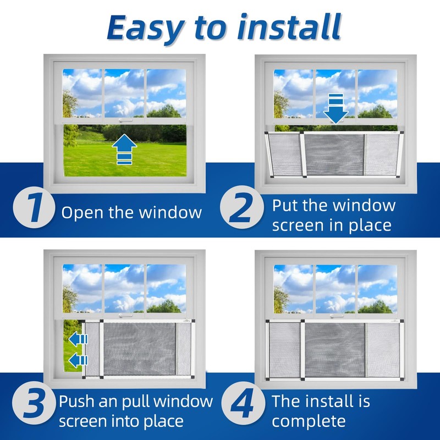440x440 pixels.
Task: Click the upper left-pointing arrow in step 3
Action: click(x=78, y=339)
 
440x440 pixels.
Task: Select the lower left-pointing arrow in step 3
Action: click(x=78, y=361)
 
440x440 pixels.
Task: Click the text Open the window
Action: click(x=131, y=213)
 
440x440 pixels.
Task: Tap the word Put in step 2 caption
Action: click(x=286, y=205)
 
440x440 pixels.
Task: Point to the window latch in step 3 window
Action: click(x=125, y=316)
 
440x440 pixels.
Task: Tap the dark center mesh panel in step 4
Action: click(x=335, y=349)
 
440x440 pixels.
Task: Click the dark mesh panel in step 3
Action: click(x=140, y=349)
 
